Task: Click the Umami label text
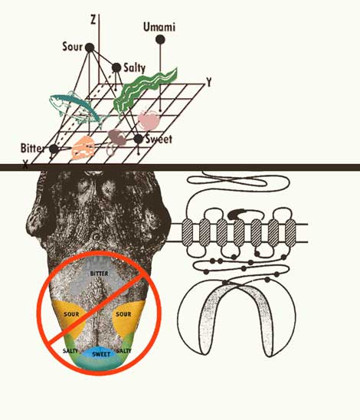159,28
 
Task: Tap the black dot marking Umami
160,40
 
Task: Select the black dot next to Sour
90,48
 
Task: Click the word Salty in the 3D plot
134,68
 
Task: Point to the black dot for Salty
116,67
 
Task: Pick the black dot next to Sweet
138,139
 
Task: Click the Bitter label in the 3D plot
32,148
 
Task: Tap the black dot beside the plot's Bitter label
54,149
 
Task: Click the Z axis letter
93,20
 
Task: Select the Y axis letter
209,83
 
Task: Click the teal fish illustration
77,109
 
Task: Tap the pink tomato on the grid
149,120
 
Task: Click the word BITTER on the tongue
99,274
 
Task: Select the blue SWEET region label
101,354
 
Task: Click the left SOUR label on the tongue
71,314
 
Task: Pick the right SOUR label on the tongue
123,314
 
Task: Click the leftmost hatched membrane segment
188,232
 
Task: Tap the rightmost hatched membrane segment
290,232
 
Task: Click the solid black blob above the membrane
236,214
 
